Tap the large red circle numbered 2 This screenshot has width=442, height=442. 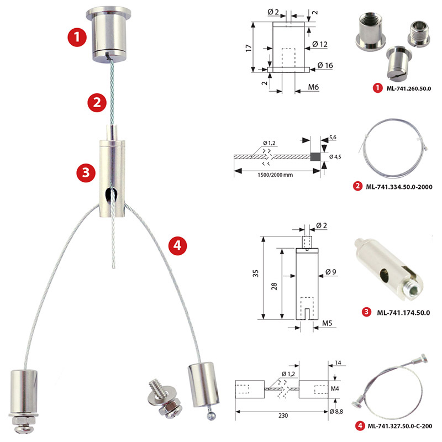[x=97, y=102]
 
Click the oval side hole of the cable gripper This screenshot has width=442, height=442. [x=110, y=194]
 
